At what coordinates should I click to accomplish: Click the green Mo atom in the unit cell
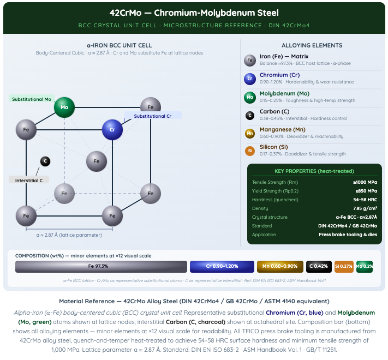[64, 107]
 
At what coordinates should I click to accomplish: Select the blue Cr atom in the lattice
[112, 130]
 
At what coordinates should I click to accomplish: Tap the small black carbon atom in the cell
[45, 161]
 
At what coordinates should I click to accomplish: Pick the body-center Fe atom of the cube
[97, 161]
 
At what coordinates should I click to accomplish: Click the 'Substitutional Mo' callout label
[32, 99]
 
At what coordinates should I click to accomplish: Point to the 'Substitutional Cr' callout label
[153, 116]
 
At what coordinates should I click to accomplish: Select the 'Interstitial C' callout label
[29, 180]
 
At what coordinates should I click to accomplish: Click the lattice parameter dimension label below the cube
[69, 235]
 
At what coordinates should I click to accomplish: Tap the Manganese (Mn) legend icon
[250, 134]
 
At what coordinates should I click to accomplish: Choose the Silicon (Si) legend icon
[250, 151]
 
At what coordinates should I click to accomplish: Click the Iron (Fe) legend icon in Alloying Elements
[250, 61]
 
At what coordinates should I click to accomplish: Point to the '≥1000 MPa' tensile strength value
[365, 182]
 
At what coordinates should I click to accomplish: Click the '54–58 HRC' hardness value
[365, 200]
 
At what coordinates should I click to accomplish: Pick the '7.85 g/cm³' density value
[365, 208]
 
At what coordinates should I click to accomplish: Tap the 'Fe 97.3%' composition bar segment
[101, 267]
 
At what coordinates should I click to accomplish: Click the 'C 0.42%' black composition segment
[319, 267]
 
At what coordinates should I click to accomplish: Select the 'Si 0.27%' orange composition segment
[344, 267]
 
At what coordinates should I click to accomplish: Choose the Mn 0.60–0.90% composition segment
[280, 267]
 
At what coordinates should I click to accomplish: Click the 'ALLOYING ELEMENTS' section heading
[312, 45]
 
